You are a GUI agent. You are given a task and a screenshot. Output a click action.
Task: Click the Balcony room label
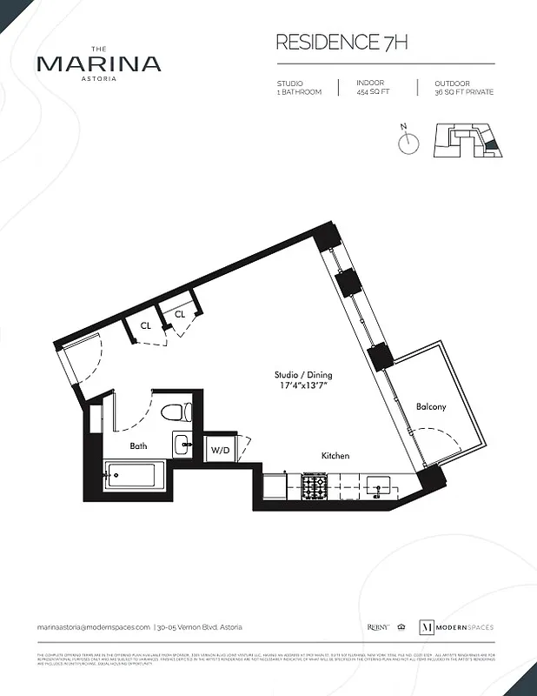coord(431,406)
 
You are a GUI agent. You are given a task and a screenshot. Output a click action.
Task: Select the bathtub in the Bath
coord(131,476)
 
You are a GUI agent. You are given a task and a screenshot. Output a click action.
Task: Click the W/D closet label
coord(218,451)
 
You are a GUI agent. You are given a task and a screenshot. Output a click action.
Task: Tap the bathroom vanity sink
coord(183,445)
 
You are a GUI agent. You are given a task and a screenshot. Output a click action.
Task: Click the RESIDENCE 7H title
coord(341,42)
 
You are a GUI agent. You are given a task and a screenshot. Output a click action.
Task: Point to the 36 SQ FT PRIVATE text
coord(464,92)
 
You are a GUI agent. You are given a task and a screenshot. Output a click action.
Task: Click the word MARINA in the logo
coord(98,64)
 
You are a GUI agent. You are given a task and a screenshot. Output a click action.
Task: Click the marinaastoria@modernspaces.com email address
coord(93,627)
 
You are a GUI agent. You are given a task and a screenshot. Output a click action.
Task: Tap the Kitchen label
coord(335,456)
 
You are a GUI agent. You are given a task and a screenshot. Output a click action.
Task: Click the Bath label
coord(139,445)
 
